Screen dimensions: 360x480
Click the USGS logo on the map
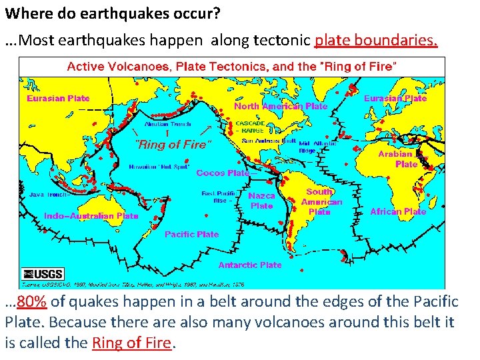click(x=43, y=274)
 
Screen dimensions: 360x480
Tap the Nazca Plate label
click(x=261, y=201)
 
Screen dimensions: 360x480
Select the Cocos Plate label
click(x=223, y=173)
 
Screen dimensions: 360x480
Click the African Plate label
click(x=398, y=211)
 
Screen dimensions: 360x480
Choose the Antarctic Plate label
click(x=250, y=265)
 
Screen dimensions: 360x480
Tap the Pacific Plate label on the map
click(x=191, y=234)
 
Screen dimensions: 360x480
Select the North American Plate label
click(x=281, y=106)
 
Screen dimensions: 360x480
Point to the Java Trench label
click(x=48, y=195)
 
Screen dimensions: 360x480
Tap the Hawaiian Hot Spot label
click(x=157, y=166)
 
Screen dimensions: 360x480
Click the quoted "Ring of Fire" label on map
click(x=173, y=144)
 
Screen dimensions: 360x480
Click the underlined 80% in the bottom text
click(x=31, y=302)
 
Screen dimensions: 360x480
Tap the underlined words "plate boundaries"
click(x=376, y=41)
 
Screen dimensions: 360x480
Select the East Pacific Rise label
click(x=217, y=197)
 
